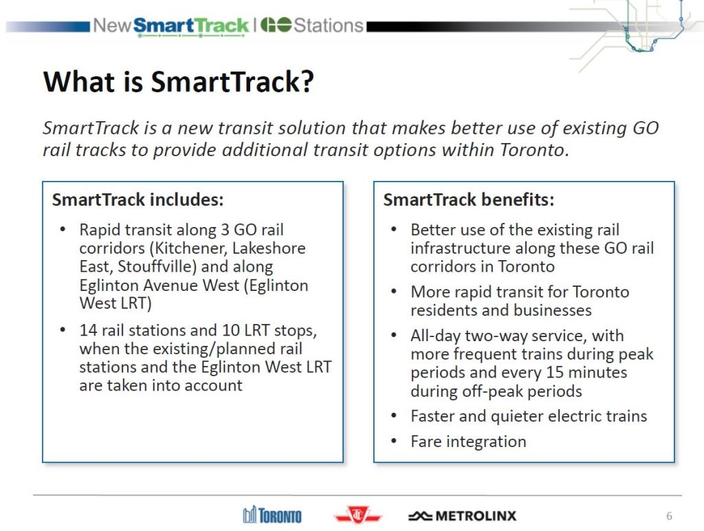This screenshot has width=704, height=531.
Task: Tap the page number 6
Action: click(x=669, y=516)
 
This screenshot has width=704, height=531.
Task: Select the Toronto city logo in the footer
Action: click(x=272, y=515)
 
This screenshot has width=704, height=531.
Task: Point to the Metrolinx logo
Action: click(x=462, y=516)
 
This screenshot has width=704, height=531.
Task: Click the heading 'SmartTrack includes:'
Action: click(x=138, y=200)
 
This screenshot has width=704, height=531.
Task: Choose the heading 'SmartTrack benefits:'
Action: click(x=469, y=200)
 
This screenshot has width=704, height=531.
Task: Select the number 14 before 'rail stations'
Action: click(x=88, y=330)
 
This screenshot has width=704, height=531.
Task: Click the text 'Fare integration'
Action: click(x=468, y=442)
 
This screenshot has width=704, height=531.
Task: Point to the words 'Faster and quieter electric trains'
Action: click(x=529, y=416)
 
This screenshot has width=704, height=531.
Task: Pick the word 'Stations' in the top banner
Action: click(x=328, y=26)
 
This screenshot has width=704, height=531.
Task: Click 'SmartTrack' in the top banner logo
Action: click(x=190, y=26)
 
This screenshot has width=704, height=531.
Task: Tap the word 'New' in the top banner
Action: click(x=111, y=26)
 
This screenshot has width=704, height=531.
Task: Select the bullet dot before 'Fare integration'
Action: click(x=393, y=442)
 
